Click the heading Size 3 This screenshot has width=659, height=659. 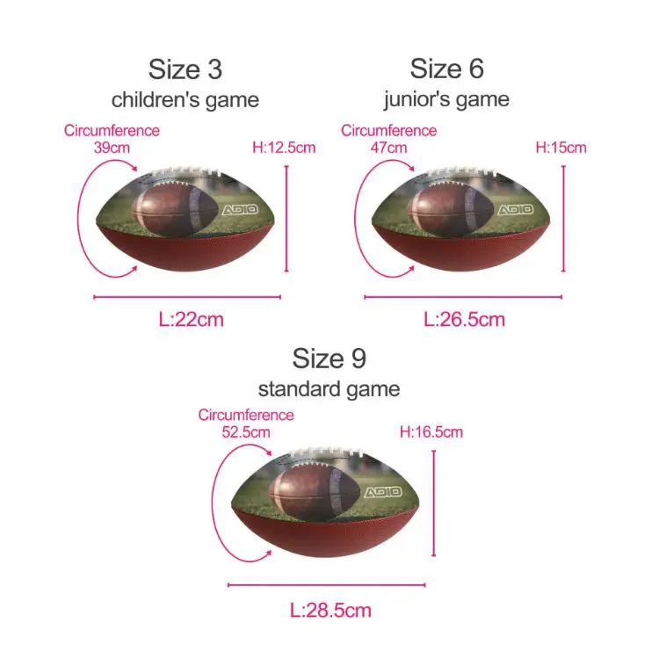(185, 69)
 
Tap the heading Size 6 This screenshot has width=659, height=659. (446, 69)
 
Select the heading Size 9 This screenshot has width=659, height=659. (329, 358)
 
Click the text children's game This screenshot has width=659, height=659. (185, 99)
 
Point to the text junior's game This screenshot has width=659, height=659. (446, 99)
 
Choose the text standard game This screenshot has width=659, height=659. (329, 388)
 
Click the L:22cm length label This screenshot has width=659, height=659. (191, 319)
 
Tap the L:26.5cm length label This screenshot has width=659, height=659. (464, 319)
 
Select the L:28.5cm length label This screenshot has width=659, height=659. (329, 610)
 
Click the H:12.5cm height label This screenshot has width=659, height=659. (284, 148)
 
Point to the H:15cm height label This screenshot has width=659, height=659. (561, 148)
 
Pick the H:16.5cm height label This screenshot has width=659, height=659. (431, 432)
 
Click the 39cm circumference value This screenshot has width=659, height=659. (112, 148)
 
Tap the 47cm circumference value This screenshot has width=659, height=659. (389, 148)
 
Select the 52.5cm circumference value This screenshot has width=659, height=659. (246, 432)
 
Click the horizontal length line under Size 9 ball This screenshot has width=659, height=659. (327, 584)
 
